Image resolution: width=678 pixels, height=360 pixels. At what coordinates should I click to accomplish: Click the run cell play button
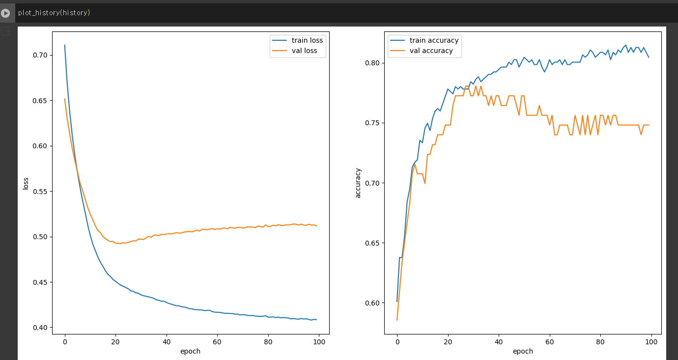[5, 13]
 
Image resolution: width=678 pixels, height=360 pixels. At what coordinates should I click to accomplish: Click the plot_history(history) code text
[54, 13]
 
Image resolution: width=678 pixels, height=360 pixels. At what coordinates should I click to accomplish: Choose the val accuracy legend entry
[431, 51]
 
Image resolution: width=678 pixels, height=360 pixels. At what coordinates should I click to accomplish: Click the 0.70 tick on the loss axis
[40, 55]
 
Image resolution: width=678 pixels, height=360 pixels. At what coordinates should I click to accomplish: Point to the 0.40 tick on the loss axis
[40, 328]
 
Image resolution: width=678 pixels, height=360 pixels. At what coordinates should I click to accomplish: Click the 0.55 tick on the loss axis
[40, 192]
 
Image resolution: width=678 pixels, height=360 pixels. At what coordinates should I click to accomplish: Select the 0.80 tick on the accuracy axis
[373, 63]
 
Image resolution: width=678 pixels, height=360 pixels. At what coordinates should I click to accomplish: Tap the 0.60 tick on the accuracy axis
[373, 303]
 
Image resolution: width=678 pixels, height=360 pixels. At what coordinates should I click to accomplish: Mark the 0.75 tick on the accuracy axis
[373, 123]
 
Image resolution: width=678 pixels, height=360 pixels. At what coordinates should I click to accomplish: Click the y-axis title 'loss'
[26, 183]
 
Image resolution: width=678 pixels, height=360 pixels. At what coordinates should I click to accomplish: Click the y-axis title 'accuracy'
[358, 183]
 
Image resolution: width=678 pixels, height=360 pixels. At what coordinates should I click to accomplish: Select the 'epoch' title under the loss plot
[190, 351]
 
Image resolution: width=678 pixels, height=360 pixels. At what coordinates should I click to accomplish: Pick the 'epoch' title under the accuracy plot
[523, 351]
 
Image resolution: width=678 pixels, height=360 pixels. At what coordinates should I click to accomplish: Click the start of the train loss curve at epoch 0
[64, 45]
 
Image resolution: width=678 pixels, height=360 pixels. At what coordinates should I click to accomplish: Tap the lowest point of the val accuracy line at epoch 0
[397, 320]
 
